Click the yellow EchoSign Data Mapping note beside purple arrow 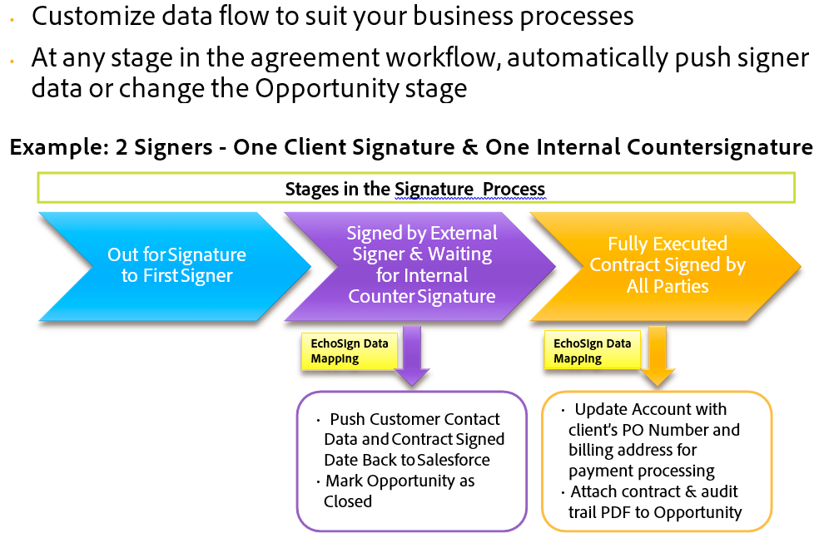[x=348, y=351]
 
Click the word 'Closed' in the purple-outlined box [x=347, y=501]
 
